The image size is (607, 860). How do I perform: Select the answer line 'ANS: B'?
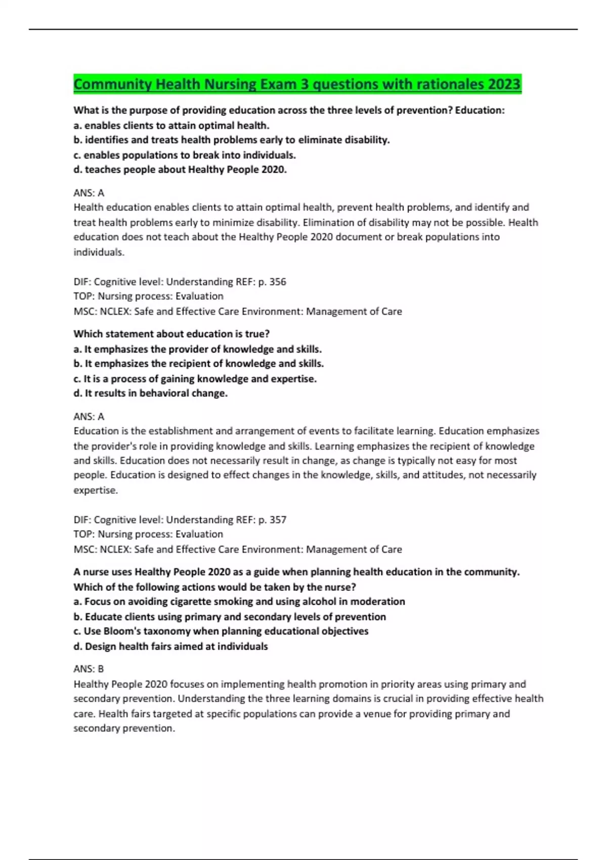(89, 669)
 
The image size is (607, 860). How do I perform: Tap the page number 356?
(278, 282)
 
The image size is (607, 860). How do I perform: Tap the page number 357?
(278, 520)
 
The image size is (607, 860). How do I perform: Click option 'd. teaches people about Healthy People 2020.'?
(180, 170)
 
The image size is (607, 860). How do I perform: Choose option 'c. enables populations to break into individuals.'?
(185, 155)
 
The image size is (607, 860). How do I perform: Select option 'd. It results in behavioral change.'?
(150, 394)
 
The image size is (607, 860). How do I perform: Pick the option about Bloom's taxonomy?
(221, 631)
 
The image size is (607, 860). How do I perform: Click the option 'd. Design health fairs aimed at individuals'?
(170, 647)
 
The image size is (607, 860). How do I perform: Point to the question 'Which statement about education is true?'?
(171, 334)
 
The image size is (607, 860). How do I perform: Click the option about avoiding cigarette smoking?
(239, 601)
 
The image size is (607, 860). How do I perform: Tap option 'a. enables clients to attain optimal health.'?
(171, 125)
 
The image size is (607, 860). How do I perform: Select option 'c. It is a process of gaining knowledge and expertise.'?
(195, 379)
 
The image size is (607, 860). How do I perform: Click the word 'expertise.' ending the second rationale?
(96, 490)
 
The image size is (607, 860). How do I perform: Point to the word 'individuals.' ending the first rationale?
(99, 252)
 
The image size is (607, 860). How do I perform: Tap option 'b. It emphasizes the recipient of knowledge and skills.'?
(199, 364)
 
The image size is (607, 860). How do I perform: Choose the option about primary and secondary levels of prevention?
(230, 617)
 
